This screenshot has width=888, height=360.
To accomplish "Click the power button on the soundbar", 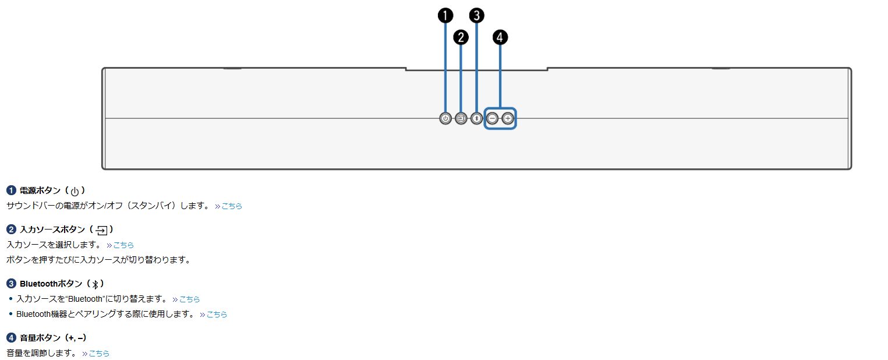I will pos(445,119).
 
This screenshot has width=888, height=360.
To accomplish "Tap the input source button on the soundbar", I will pos(461,119).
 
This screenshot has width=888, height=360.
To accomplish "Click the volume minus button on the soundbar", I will pos(493,119).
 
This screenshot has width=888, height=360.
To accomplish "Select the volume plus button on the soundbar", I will pos(508,119).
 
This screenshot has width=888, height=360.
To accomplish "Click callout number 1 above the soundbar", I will pos(445,16).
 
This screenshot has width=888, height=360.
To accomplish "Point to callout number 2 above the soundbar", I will pos(461,37).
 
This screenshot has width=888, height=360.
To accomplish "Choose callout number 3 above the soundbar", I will pos(477,16).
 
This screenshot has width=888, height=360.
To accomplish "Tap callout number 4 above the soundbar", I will pos(500,37).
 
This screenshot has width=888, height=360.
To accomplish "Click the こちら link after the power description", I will pos(232,206).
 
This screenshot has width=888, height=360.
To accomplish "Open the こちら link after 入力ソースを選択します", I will pos(123,245).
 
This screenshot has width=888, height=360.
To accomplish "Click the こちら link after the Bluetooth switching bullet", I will pos(189,299).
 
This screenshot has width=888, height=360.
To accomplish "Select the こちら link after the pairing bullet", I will pos(217,314).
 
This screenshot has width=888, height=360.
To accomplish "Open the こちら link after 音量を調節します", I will pos(99,353).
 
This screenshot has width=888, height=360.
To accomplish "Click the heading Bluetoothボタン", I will pos(51,284).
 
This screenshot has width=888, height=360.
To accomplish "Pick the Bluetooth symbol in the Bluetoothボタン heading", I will pos(95,284).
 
